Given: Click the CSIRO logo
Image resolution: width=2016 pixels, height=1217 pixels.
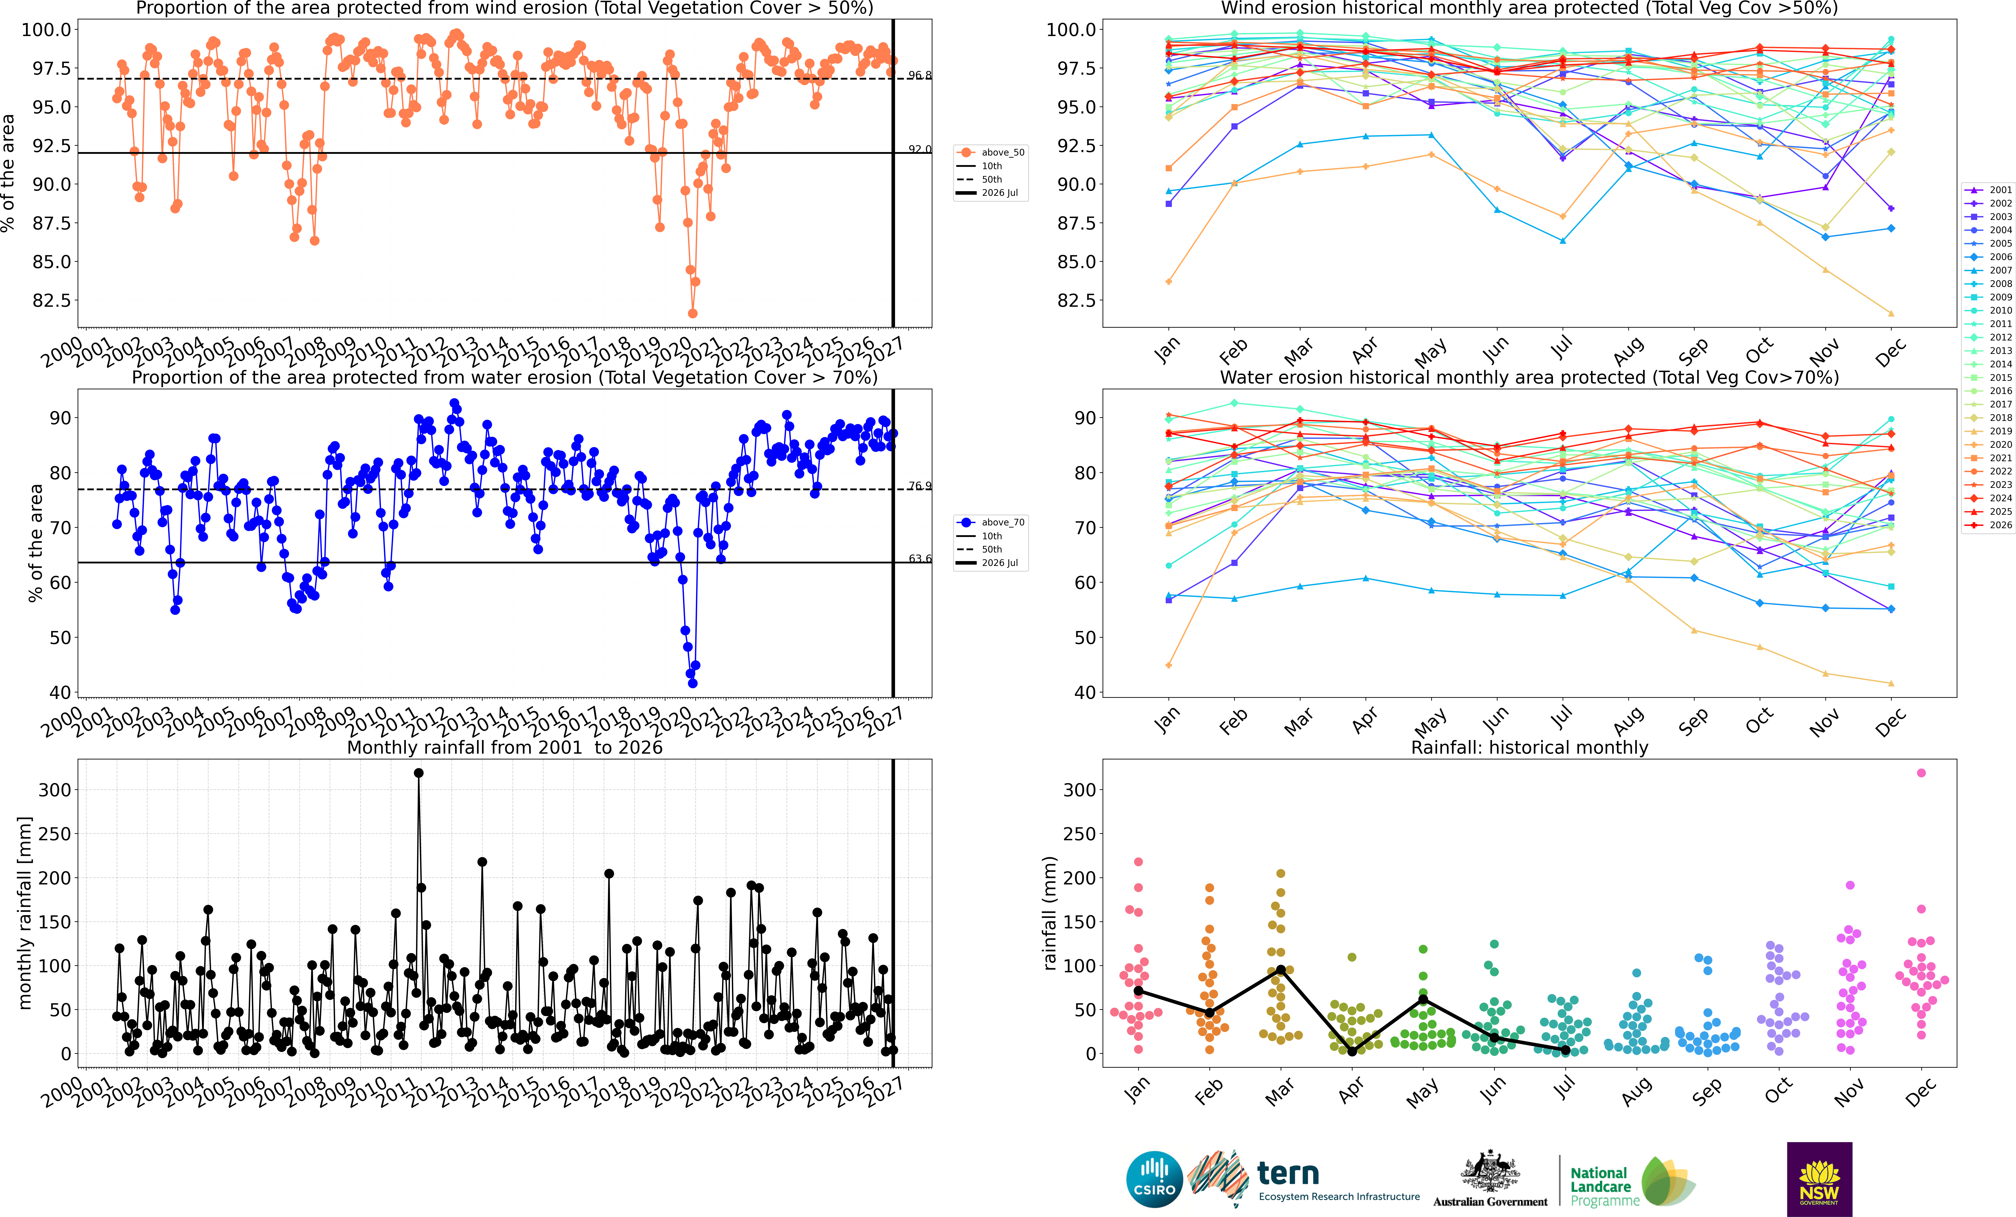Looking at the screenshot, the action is pyautogui.click(x=1154, y=1179).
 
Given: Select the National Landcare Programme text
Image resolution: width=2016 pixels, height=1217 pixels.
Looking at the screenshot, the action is pyautogui.click(x=1604, y=1187).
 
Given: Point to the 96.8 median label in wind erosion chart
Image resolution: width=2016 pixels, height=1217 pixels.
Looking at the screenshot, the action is pyautogui.click(x=920, y=75).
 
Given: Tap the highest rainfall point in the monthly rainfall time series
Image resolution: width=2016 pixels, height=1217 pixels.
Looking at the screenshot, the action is pyautogui.click(x=419, y=773).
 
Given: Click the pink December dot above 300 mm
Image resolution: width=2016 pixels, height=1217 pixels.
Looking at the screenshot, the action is pyautogui.click(x=1921, y=773).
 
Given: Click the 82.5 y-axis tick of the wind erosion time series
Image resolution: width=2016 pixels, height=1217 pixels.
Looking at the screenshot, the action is pyautogui.click(x=52, y=300).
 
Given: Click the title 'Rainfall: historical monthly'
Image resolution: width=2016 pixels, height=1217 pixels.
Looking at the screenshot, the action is pyautogui.click(x=1529, y=747).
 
